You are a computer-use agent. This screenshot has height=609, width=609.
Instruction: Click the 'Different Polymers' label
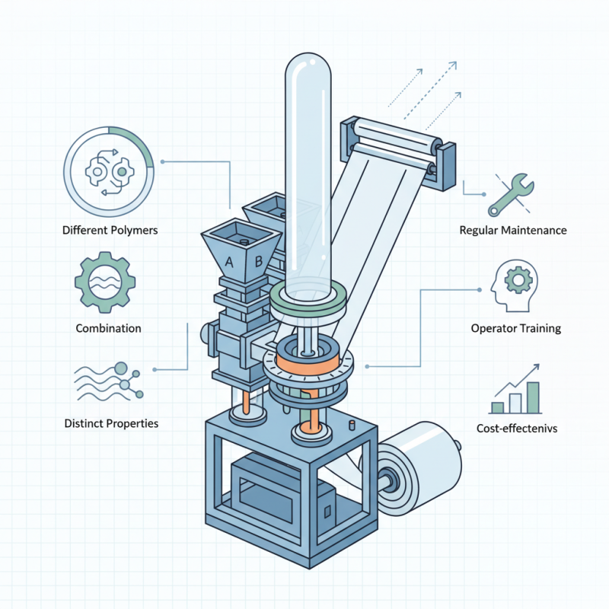tap(110, 230)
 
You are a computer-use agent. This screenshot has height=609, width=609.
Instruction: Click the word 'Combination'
tap(108, 328)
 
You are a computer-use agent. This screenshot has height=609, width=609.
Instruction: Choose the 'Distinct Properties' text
tap(112, 422)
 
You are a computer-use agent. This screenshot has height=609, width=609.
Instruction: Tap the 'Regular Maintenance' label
tap(513, 230)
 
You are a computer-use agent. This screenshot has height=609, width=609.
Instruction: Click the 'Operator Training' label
tap(515, 329)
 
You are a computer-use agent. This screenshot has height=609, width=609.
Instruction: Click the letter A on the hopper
tap(228, 262)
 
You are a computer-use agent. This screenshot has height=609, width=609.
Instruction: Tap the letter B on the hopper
tap(258, 263)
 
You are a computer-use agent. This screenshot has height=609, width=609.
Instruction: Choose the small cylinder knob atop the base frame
tap(352, 424)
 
